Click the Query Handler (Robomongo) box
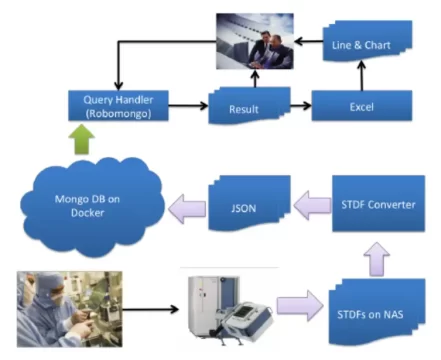118,105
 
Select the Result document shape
244,107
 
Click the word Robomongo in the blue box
118,113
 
